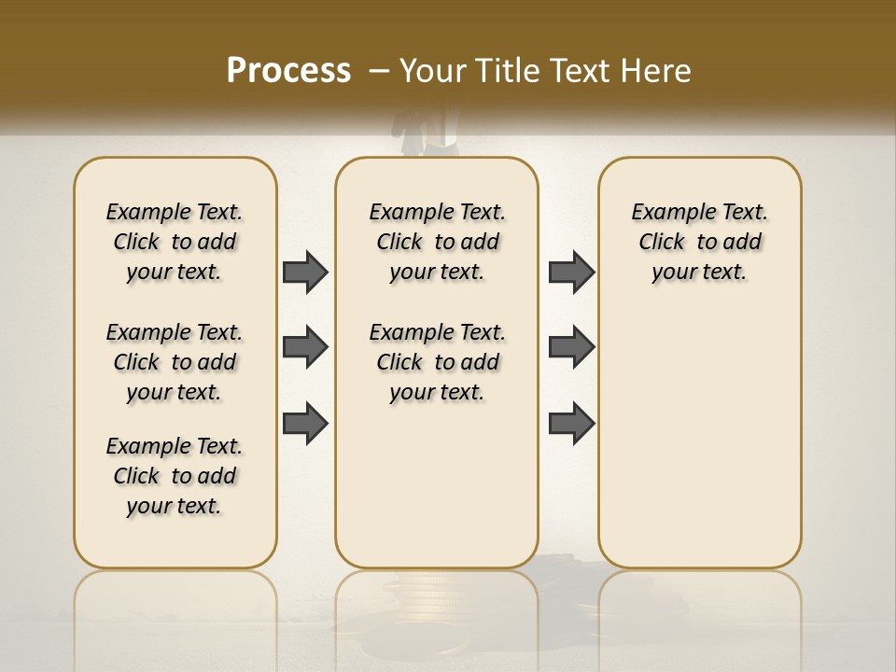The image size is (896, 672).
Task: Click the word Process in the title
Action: [x=288, y=70]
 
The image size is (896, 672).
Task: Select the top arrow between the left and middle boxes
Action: [x=305, y=272]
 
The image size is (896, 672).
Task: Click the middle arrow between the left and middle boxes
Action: [x=305, y=347]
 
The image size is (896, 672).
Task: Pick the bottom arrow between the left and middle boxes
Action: [x=305, y=424]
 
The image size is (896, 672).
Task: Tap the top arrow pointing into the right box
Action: [x=571, y=272]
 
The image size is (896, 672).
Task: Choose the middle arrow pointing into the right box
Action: [x=571, y=347]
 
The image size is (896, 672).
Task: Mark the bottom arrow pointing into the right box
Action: [x=571, y=424]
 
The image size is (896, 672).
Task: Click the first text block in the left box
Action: [x=175, y=242]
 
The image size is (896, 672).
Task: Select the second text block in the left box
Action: [x=175, y=362]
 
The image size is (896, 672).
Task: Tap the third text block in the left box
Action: [x=175, y=476]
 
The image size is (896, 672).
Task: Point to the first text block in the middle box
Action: [x=437, y=242]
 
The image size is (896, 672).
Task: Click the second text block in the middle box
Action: [x=437, y=362]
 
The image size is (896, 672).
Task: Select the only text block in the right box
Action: [x=699, y=242]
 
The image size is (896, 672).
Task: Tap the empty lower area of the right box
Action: [x=699, y=439]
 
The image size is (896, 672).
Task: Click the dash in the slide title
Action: [x=380, y=70]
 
